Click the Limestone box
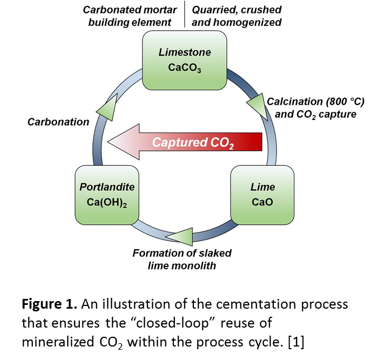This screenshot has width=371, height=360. tap(185, 60)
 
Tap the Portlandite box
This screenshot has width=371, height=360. tap(106, 195)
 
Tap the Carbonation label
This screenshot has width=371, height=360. tap(58, 122)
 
